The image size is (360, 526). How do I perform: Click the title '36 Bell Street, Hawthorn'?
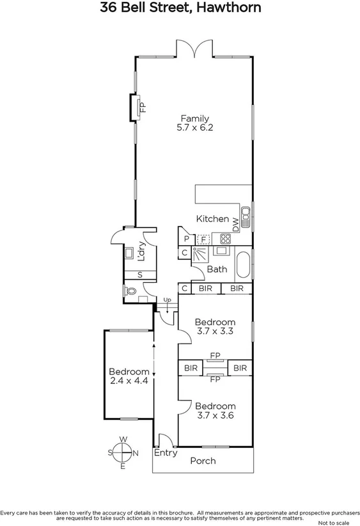[x=180, y=8]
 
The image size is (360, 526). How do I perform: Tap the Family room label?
[x=194, y=118]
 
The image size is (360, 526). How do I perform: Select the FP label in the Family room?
[x=142, y=107]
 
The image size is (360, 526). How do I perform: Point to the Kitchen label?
[x=212, y=219]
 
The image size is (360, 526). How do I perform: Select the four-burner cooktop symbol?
[x=225, y=239]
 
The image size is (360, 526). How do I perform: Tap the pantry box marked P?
[x=186, y=239]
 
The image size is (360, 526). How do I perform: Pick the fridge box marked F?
[x=203, y=239]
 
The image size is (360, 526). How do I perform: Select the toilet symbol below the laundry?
[x=132, y=291]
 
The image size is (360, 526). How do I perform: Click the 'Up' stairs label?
[x=168, y=299]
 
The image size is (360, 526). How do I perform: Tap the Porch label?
[x=203, y=461]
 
